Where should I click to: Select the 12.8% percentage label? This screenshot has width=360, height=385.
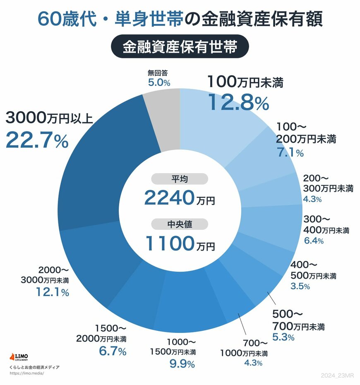coord(238,102)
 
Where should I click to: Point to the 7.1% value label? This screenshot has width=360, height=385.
coord(289,153)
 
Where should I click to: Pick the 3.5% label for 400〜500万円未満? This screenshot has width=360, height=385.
coord(300,286)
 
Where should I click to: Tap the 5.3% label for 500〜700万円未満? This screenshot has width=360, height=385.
coord(283,337)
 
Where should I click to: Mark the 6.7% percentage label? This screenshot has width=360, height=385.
coord(112,352)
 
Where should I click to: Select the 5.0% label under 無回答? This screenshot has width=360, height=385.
coord(159,83)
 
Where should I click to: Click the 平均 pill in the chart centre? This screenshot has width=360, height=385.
coord(179,179)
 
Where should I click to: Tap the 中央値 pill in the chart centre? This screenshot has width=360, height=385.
coord(179,225)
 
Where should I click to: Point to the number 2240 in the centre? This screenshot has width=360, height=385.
coord(168,198)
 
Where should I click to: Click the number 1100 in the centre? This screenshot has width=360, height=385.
coord(168,244)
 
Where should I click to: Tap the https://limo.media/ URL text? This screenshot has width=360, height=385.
coord(26,373)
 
